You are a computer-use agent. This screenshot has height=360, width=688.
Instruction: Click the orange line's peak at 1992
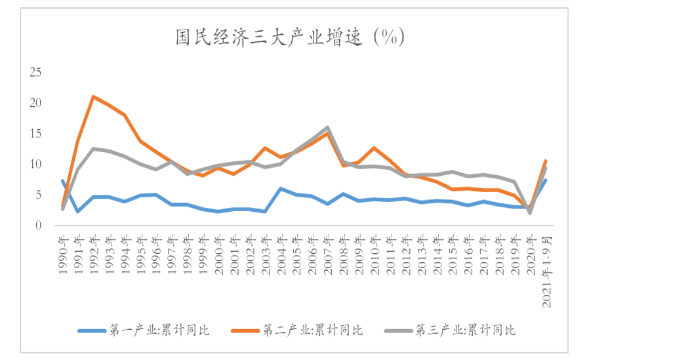click(94, 96)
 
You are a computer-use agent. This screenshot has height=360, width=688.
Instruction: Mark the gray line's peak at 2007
click(327, 127)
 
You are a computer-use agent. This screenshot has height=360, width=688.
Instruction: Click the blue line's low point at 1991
click(78, 211)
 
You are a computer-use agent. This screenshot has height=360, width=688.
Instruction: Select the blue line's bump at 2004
click(281, 189)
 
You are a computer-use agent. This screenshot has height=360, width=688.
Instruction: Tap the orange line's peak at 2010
click(374, 148)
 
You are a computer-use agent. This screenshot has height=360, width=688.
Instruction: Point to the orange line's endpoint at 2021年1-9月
click(546, 161)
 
